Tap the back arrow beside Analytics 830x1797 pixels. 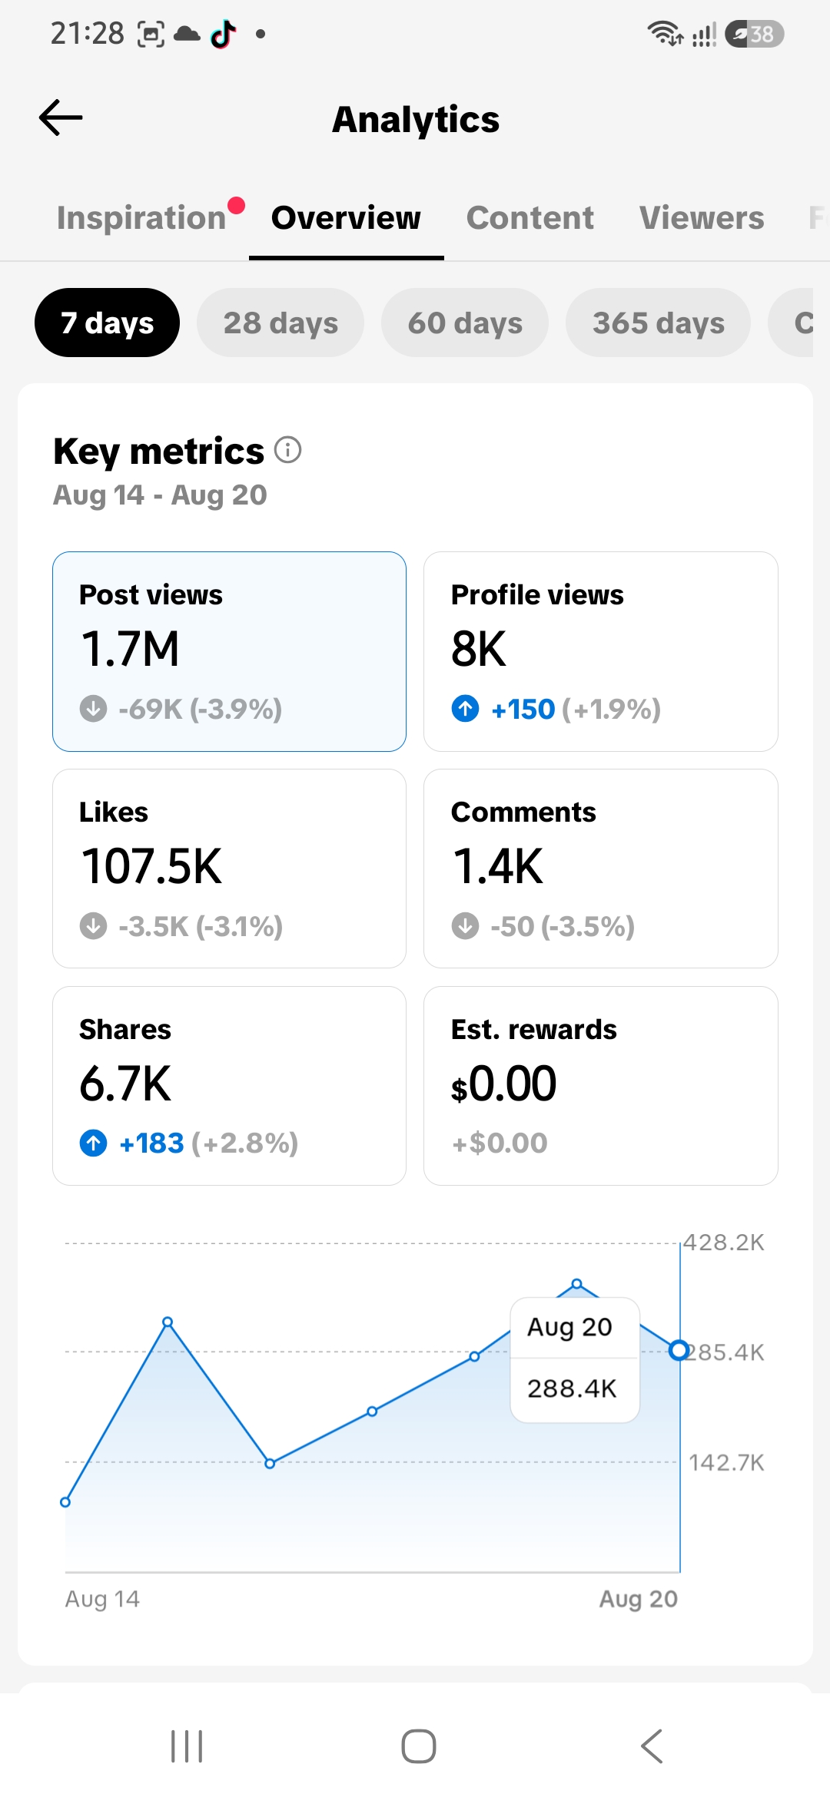[61, 117]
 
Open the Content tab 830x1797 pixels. [530, 217]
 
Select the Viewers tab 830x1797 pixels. [702, 217]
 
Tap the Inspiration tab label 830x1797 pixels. [141, 217]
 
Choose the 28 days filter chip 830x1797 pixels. [281, 323]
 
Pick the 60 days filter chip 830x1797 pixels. [465, 323]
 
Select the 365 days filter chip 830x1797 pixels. [658, 323]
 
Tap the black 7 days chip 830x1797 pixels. [107, 323]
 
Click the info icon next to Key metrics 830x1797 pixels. [288, 449]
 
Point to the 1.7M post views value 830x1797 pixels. [130, 649]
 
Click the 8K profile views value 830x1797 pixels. [479, 649]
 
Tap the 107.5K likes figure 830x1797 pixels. [151, 866]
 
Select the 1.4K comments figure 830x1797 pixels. [498, 866]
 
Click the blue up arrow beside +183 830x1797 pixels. [94, 1143]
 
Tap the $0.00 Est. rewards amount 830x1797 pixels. [504, 1084]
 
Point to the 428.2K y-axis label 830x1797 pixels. [724, 1243]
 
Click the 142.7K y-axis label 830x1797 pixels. [726, 1462]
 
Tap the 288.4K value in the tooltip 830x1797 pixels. [572, 1388]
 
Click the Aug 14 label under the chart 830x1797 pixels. [102, 1599]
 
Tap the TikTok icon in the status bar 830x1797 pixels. [223, 34]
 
